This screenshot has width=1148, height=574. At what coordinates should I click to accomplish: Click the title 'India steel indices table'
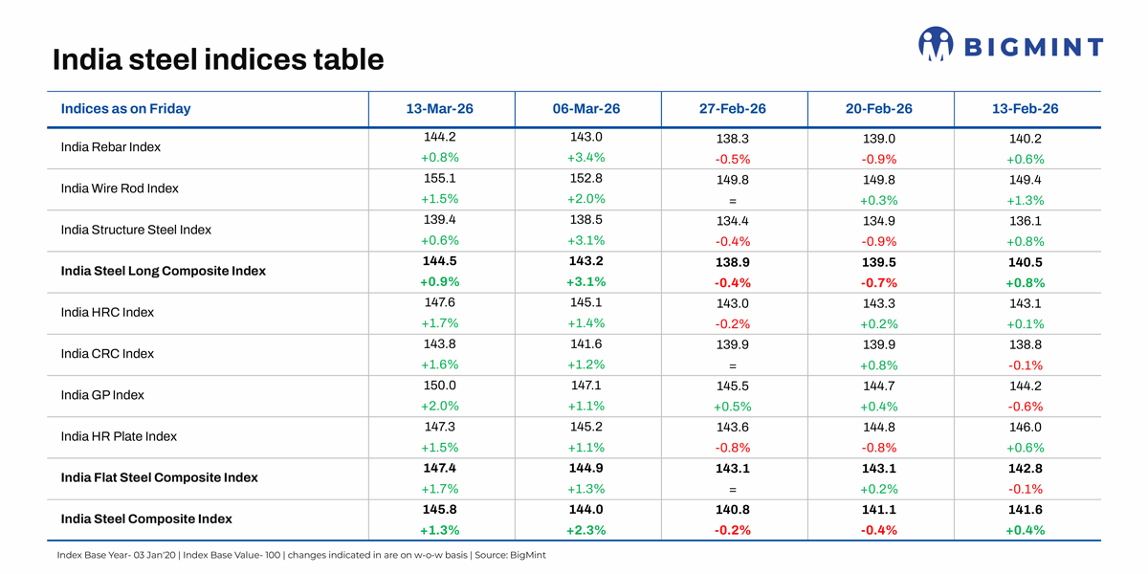tap(218, 59)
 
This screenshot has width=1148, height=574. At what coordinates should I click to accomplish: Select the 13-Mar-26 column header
tap(440, 109)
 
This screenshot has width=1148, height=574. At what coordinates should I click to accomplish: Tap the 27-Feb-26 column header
tap(733, 109)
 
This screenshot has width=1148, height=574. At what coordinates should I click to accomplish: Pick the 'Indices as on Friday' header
tap(125, 109)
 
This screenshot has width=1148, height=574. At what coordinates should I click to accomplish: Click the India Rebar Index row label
tap(110, 147)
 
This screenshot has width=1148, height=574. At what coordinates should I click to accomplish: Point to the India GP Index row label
tap(102, 395)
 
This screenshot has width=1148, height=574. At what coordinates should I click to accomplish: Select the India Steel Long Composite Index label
tap(163, 272)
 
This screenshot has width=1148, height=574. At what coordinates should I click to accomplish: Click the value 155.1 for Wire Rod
tap(440, 179)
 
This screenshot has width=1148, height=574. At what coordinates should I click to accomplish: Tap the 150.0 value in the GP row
tap(440, 386)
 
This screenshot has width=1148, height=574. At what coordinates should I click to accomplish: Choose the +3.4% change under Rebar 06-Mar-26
tap(586, 158)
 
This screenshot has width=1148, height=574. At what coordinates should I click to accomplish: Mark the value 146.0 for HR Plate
tap(1025, 428)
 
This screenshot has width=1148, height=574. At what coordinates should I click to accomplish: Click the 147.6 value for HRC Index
tap(440, 302)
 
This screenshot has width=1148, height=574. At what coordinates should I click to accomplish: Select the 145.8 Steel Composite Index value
tap(440, 510)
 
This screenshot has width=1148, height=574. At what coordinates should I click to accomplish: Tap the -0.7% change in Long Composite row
tap(879, 283)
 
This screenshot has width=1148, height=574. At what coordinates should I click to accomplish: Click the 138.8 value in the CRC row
tap(1025, 345)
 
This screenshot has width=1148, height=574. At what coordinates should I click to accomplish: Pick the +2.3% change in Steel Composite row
tap(586, 530)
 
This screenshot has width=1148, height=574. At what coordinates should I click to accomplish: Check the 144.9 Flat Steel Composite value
tap(586, 468)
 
